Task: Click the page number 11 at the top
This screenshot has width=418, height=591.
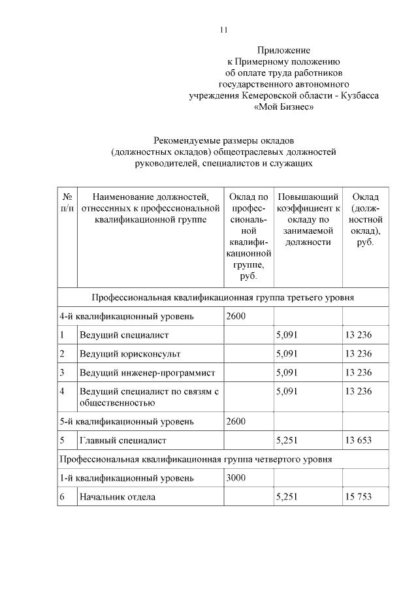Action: [223, 30]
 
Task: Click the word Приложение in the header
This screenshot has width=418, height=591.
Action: [283, 50]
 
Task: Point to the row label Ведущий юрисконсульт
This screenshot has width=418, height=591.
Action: [129, 354]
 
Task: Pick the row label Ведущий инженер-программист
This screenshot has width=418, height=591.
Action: [147, 373]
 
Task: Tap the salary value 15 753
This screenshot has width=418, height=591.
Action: [357, 497]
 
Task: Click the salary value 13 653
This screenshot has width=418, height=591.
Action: [357, 440]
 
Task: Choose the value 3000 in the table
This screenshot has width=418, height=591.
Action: [236, 478]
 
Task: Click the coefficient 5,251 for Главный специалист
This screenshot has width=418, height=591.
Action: [287, 440]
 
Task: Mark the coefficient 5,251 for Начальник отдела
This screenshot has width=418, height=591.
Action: [287, 497]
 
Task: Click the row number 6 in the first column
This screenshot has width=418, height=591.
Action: [63, 497]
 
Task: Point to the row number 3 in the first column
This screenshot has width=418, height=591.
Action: [63, 373]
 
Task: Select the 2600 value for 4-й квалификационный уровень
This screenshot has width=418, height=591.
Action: [236, 317]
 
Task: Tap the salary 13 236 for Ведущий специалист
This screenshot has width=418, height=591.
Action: [357, 335]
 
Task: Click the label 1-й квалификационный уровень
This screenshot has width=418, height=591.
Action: [127, 478]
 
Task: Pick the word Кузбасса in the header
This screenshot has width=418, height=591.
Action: [361, 95]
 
